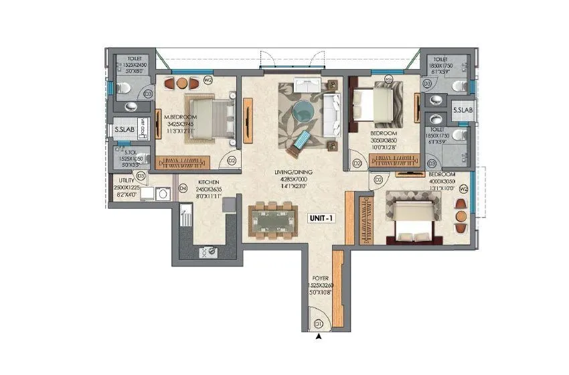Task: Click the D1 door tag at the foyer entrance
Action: click(319, 325)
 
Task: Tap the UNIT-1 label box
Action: click(322, 218)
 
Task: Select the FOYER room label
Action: click(319, 277)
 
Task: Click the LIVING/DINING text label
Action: click(295, 173)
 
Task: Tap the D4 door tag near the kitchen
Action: click(183, 189)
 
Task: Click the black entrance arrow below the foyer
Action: click(319, 337)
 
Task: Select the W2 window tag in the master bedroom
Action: click(208, 83)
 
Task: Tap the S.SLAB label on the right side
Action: click(462, 110)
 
